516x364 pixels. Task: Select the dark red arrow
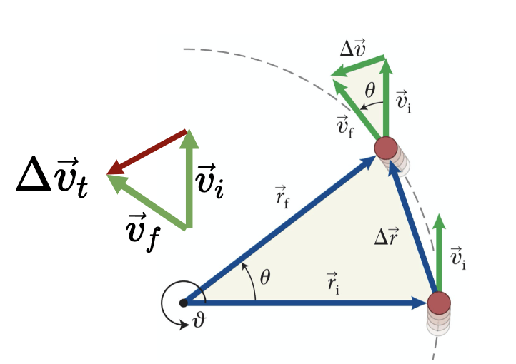click(x=147, y=151)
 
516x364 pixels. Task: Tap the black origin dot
click(x=184, y=303)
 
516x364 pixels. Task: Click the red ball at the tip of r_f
click(x=387, y=148)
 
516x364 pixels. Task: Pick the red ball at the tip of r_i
click(x=440, y=303)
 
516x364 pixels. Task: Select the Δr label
click(x=387, y=236)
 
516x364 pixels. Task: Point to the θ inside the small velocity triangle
click(x=369, y=91)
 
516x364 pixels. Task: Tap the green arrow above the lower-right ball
click(x=439, y=250)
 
